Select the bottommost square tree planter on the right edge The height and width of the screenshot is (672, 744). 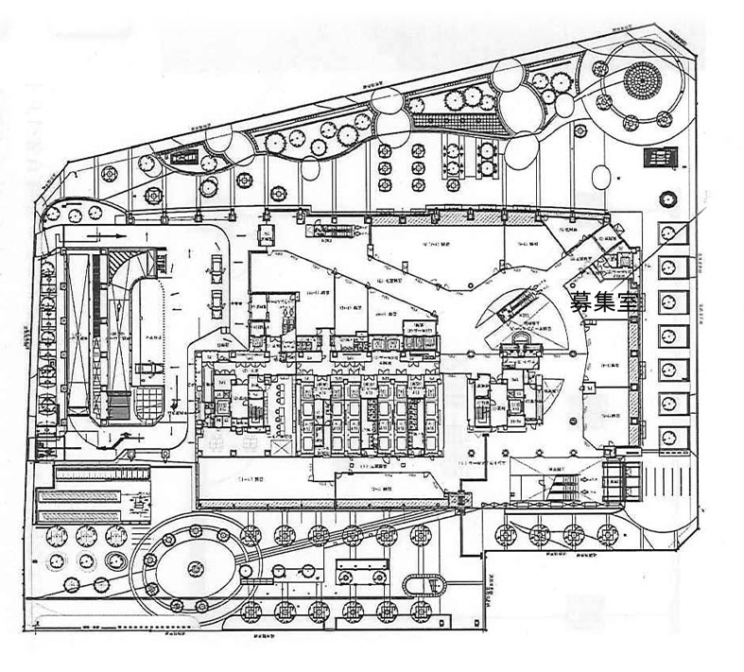pyautogui.click(x=670, y=439)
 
